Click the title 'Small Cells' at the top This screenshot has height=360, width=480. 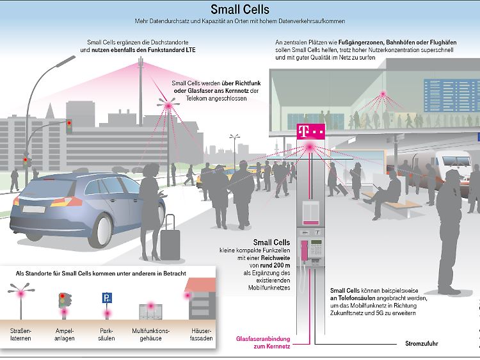click(x=240, y=10)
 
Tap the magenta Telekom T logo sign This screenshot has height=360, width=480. click(x=310, y=132)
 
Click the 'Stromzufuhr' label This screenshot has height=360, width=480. click(x=422, y=343)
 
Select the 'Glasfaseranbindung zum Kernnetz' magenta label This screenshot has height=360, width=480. click(x=263, y=343)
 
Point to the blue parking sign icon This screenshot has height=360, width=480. click(x=107, y=297)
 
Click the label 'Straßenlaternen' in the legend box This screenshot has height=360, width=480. click(x=20, y=334)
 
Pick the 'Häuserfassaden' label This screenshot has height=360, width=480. click(x=201, y=334)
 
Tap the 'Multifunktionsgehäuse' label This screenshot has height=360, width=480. click(x=150, y=334)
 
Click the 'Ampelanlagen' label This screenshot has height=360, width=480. click(x=64, y=334)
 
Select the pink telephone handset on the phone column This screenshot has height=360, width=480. click(x=304, y=250)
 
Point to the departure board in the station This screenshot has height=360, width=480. click(x=452, y=95)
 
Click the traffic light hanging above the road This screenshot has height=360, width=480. click(x=69, y=126)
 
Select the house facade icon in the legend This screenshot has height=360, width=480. click(x=200, y=299)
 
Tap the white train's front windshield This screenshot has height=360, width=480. click(x=456, y=161)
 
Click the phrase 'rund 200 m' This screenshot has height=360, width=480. click(x=275, y=265)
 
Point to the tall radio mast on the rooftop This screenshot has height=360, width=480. click(x=141, y=91)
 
